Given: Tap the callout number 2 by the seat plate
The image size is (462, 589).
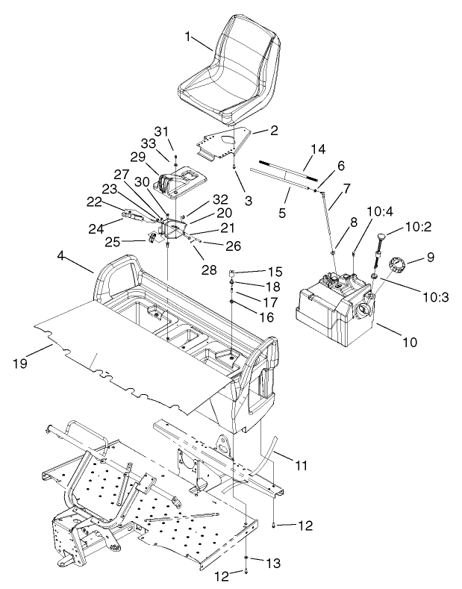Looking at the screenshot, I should (255, 130).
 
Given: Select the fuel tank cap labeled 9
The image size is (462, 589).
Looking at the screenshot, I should (396, 264).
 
